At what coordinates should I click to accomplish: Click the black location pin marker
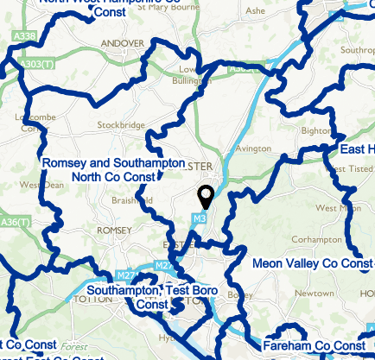click(x=206, y=198)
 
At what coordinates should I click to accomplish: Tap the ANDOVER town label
click(x=121, y=42)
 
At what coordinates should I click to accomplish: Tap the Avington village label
click(x=253, y=148)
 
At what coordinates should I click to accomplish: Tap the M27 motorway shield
click(x=163, y=265)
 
